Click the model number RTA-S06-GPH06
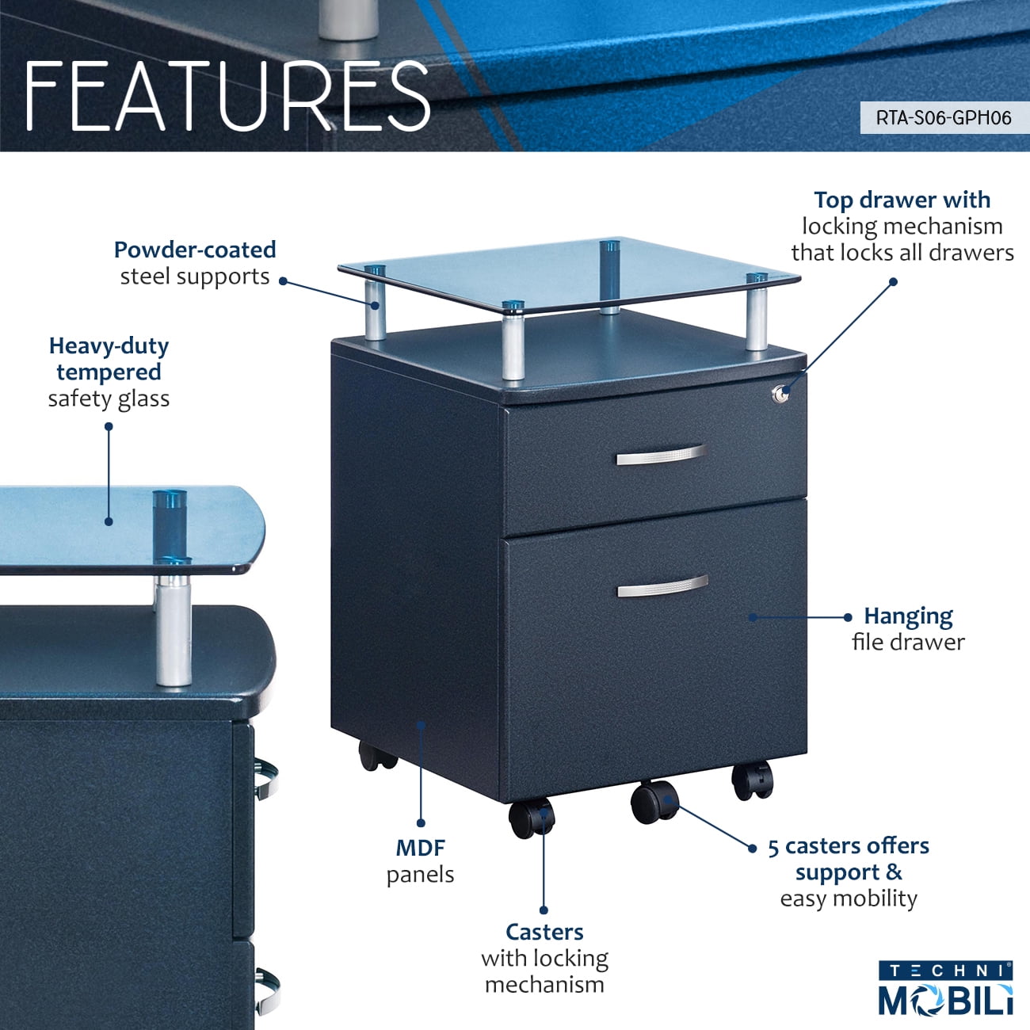point(943,118)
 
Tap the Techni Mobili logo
point(945,988)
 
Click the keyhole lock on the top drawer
point(781,392)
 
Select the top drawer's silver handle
point(661,456)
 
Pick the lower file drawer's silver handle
point(662,586)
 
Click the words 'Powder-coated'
point(195,250)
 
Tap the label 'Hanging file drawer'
point(908,628)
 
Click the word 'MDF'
point(421,848)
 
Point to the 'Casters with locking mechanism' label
point(544,958)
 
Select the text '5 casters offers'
point(849,846)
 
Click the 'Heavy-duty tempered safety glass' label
point(109,372)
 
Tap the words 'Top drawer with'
point(902,200)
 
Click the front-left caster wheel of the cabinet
point(530,818)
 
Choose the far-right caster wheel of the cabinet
point(751,780)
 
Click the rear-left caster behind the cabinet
point(376,756)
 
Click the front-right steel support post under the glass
point(757,312)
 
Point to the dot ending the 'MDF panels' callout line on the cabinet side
point(421,723)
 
